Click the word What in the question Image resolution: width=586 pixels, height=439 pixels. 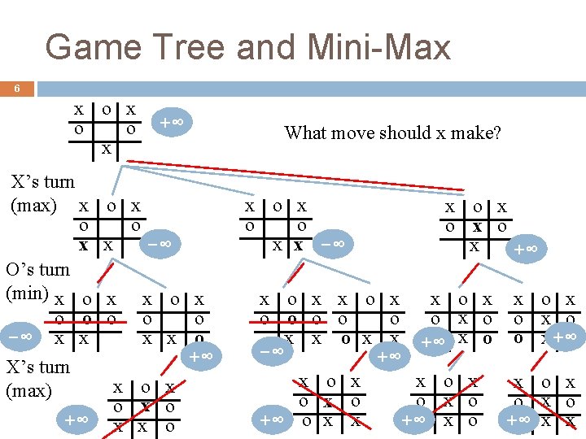(304, 133)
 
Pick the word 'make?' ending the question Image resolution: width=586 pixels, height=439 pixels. (479, 133)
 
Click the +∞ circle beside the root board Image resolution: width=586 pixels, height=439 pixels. (170, 123)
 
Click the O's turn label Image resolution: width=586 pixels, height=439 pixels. (37, 269)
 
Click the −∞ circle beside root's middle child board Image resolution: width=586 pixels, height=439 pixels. (331, 243)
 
